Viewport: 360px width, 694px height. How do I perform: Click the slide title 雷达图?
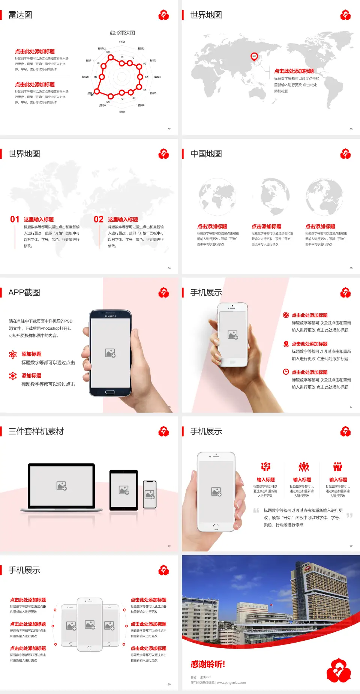click(20, 15)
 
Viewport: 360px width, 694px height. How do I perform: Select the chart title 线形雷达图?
click(122, 33)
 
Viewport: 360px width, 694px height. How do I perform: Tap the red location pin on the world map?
click(254, 57)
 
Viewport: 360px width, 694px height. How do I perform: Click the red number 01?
click(15, 219)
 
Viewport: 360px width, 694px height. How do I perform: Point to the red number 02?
click(99, 219)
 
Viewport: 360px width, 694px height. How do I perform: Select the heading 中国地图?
click(206, 154)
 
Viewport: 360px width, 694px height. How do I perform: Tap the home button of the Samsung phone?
click(110, 392)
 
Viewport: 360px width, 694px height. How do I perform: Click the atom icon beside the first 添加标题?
click(13, 355)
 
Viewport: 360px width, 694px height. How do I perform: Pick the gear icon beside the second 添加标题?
click(13, 376)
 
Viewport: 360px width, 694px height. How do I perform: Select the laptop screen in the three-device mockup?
click(61, 485)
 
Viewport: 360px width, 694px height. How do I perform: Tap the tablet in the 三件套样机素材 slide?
click(124, 490)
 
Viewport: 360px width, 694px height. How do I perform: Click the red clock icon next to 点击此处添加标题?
click(286, 372)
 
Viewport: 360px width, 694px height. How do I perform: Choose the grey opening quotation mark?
click(256, 511)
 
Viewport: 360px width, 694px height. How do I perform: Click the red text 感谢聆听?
click(208, 664)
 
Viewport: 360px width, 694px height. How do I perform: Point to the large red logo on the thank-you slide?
click(338, 670)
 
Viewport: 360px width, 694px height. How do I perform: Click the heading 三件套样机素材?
click(36, 431)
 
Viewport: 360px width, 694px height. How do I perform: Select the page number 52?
click(169, 129)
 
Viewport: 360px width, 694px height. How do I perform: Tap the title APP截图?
click(24, 293)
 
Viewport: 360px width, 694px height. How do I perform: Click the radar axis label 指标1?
click(122, 42)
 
